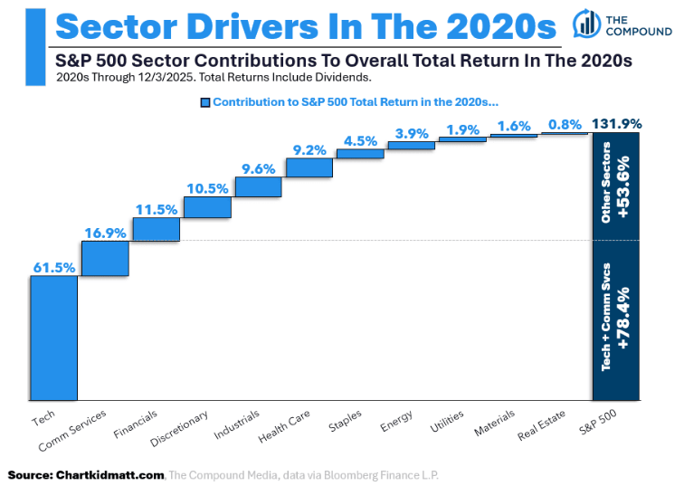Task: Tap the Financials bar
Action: tap(156, 229)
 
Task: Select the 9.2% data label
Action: tap(309, 149)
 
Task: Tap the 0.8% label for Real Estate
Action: tap(564, 124)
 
